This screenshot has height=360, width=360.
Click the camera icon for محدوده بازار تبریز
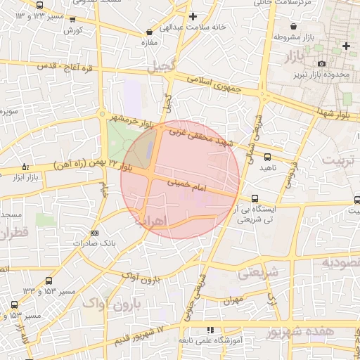pyautogui.click(x=322, y=64)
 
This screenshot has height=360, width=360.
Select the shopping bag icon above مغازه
pyautogui.click(x=149, y=32)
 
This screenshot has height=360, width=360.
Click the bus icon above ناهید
pyautogui.click(x=266, y=157)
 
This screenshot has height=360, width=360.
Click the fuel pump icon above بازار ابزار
pyautogui.click(x=25, y=167)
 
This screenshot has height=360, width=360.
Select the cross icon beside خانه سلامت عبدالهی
pyautogui.click(x=193, y=16)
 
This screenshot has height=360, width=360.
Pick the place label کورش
pyautogui.click(x=73, y=31)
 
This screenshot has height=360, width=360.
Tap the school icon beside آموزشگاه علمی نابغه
pyautogui.click(x=211, y=330)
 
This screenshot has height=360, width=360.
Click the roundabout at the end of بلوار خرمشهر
pyautogui.click(x=103, y=114)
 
